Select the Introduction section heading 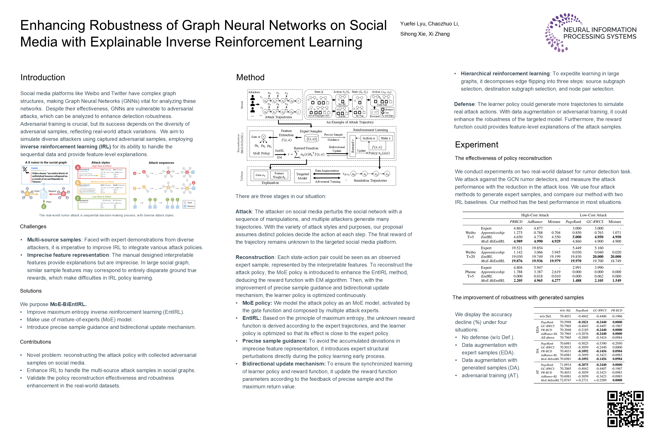click(x=43, y=77)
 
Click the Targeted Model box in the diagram click(x=302, y=176)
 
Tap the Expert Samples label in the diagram click(x=311, y=131)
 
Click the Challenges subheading click(x=33, y=226)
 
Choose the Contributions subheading click(x=35, y=342)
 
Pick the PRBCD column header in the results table click(x=516, y=222)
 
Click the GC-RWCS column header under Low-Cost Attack click(x=595, y=222)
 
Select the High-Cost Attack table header click(x=535, y=215)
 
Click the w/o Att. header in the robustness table click(x=565, y=310)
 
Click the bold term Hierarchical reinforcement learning click(x=505, y=73)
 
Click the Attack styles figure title click(x=101, y=163)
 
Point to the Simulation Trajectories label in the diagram click(x=370, y=181)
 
